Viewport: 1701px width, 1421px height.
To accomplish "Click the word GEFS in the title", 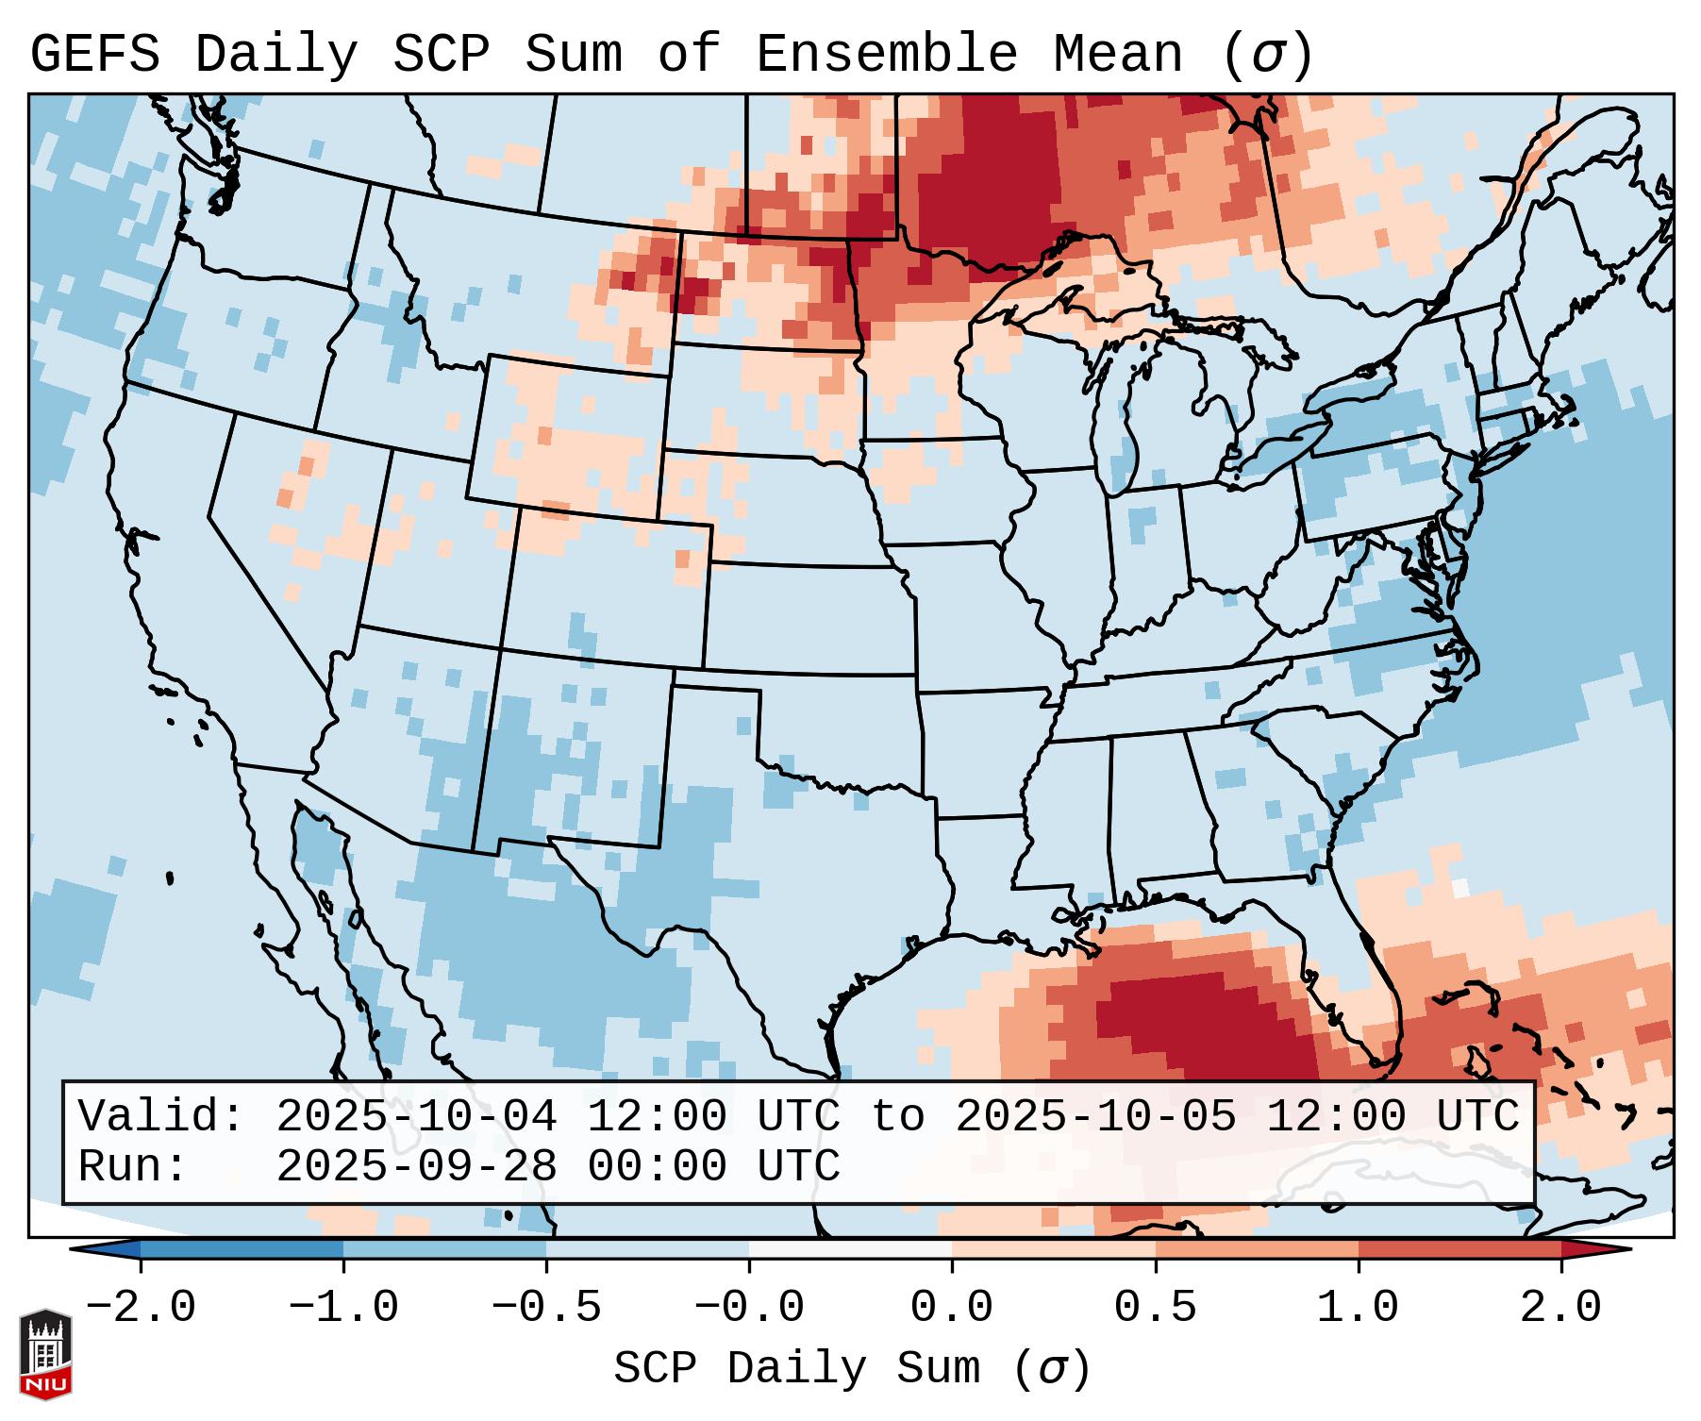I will pos(94,55).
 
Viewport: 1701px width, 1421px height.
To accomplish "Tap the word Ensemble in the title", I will pos(886,55).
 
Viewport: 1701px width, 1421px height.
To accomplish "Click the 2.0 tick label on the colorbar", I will pos(1560,1308).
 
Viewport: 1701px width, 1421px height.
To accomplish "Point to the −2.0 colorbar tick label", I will pos(141,1308).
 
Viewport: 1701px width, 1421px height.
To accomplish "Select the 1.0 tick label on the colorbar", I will pos(1358,1308).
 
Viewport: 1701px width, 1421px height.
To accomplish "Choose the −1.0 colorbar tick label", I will pos(343,1308).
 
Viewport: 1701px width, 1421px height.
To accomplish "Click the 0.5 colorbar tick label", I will pos(1155,1308).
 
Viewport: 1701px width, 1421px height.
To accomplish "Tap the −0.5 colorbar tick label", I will pos(546,1308).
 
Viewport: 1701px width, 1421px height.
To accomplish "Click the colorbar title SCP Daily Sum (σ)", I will pos(852,1369).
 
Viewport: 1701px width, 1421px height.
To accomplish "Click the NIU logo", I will pos(45,1355).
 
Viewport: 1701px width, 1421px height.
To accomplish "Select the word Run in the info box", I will pos(120,1167).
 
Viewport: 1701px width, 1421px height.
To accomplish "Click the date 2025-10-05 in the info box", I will pos(1095,1117).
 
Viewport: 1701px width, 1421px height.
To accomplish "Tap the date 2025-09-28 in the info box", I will pos(416,1167).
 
